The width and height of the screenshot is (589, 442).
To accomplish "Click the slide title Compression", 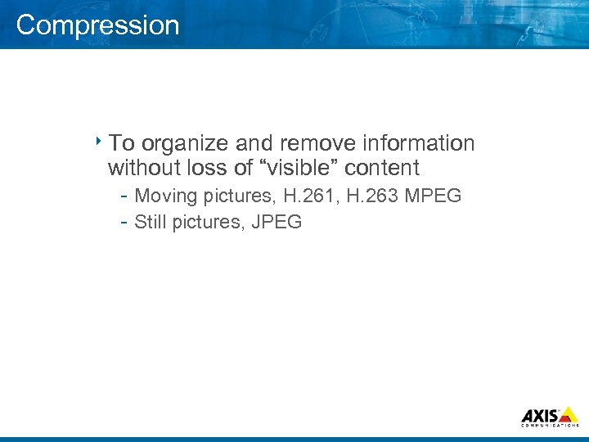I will pyautogui.click(x=97, y=25).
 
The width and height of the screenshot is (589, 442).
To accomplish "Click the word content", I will pyautogui.click(x=382, y=169).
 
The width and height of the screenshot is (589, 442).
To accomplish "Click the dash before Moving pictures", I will pyautogui.click(x=123, y=196).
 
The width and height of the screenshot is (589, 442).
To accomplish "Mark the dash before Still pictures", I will pyautogui.click(x=123, y=222).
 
